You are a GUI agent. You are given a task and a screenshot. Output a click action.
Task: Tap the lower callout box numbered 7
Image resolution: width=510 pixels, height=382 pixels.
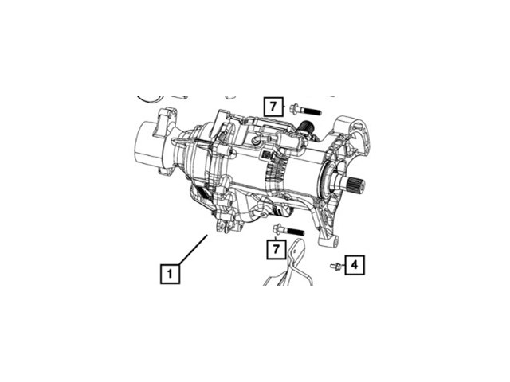(276, 250)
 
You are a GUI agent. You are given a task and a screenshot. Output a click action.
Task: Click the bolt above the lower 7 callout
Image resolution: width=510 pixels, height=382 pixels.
(288, 231)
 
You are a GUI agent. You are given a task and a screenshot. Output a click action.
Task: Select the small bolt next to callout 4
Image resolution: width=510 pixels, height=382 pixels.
(335, 266)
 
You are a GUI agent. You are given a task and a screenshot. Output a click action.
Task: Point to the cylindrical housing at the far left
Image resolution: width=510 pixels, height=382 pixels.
(151, 146)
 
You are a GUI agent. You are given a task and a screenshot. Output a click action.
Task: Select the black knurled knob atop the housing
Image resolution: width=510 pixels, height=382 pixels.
(306, 128)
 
